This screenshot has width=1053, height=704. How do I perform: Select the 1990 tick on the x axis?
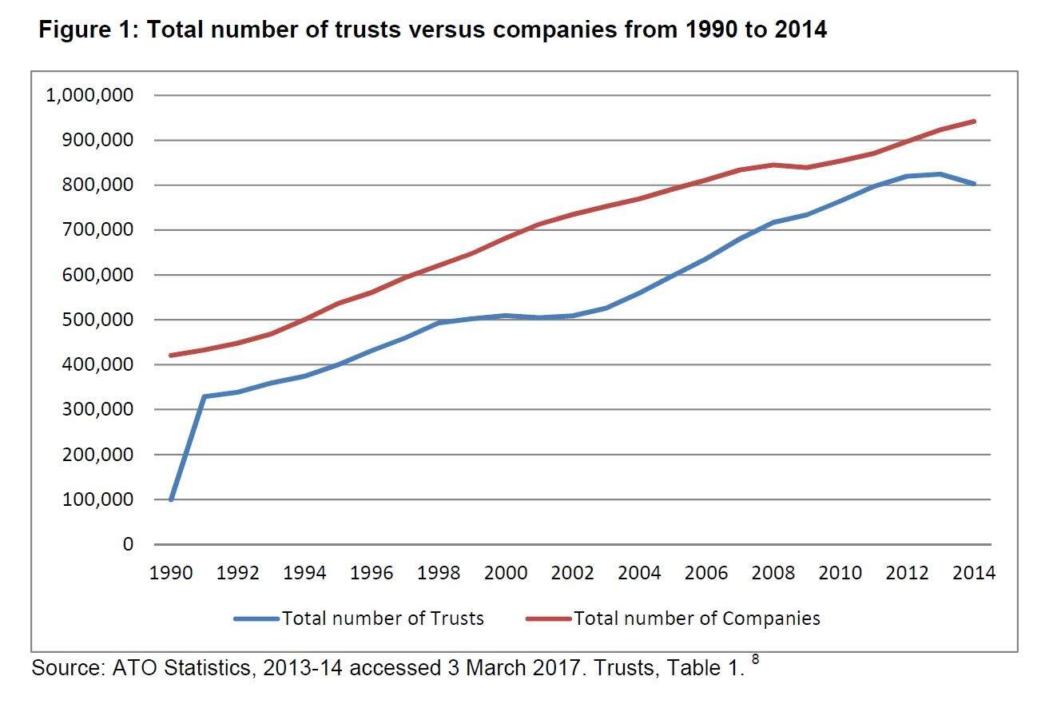171,573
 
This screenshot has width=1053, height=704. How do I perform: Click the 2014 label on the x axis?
975,573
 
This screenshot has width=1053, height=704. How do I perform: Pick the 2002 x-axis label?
573,573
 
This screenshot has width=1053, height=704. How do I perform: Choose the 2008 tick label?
773,573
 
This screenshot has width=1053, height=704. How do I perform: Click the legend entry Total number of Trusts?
382,618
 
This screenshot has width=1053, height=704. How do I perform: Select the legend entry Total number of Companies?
697,618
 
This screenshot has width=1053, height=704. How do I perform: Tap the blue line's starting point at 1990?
171,499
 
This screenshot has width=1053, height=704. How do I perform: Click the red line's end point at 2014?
975,121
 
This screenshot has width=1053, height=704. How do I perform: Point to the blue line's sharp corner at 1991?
205,396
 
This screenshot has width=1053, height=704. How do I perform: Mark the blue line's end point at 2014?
975,184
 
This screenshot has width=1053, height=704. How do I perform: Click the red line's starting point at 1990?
171,355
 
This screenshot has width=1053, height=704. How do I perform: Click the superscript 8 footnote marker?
755,661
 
